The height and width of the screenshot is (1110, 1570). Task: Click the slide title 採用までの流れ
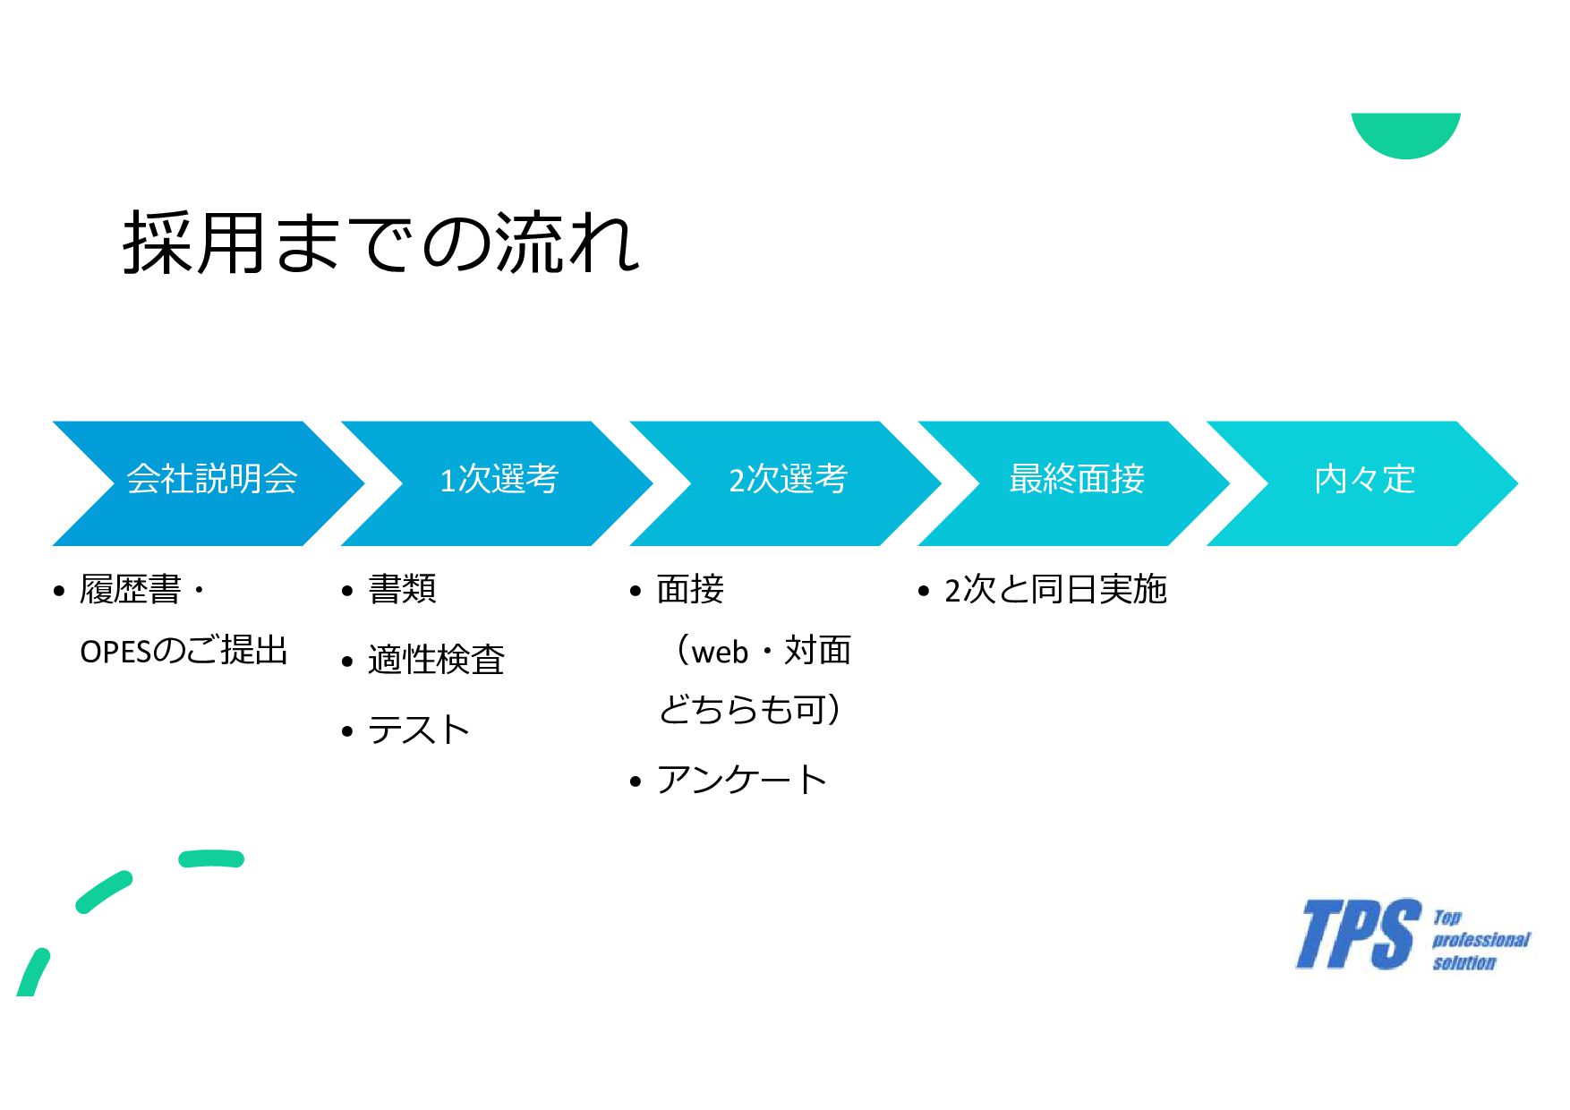tap(381, 243)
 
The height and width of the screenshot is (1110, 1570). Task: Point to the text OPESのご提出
tap(183, 651)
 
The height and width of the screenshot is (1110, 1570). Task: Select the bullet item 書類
tap(402, 590)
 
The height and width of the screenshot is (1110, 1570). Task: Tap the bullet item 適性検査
tap(436, 660)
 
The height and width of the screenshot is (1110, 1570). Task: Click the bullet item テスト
tap(419, 730)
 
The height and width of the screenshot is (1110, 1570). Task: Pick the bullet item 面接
tap(690, 590)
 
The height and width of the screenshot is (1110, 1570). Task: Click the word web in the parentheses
tap(720, 652)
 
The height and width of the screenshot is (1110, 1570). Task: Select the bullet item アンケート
tap(742, 780)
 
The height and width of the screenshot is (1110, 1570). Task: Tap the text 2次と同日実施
tap(1055, 590)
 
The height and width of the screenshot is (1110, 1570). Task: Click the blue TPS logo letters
tap(1358, 935)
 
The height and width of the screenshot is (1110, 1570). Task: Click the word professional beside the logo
tap(1480, 940)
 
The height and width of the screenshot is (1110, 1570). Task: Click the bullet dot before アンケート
tap(636, 782)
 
